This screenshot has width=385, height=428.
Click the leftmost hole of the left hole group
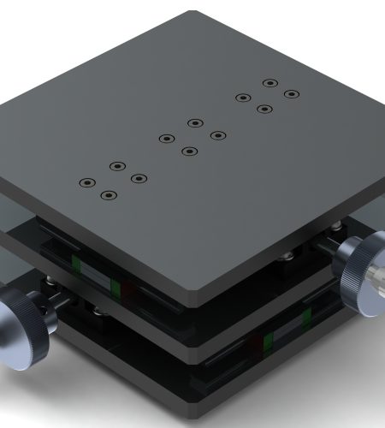86,183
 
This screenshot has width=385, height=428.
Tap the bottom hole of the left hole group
108,196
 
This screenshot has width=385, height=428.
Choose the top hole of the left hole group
117,165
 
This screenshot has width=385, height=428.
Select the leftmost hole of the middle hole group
164,139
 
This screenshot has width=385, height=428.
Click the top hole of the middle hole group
194,123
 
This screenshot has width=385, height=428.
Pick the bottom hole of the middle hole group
187,152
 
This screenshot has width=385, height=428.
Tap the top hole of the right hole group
269,84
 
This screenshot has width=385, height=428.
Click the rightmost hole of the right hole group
292,94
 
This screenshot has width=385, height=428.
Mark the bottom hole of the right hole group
264,110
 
